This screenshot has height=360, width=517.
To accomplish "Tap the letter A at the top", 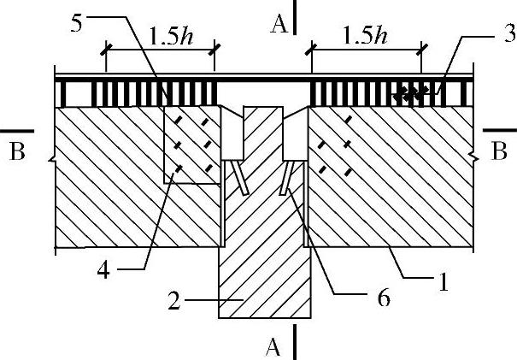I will click(x=278, y=24).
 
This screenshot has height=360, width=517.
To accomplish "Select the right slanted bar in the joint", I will click(x=287, y=179).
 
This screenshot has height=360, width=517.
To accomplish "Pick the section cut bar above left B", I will click(x=16, y=131).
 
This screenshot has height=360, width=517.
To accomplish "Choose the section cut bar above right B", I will click(x=500, y=131).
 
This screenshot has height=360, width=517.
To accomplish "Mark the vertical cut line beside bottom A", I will click(x=295, y=342).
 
